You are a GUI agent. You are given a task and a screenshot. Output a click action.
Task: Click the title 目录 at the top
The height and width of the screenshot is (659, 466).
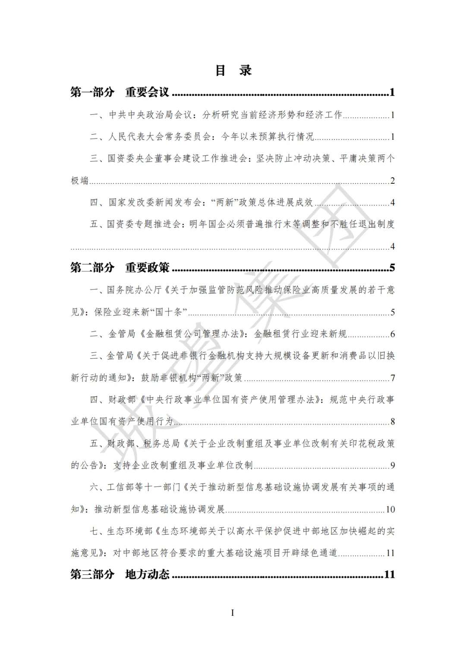pyautogui.click(x=233, y=70)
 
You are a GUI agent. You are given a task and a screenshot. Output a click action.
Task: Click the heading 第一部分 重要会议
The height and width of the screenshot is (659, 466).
pyautogui.click(x=120, y=92)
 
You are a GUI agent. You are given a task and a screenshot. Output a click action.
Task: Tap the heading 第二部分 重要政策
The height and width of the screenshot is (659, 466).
pyautogui.click(x=120, y=268)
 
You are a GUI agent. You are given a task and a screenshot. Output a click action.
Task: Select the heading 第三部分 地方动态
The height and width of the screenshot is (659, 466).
pyautogui.click(x=120, y=574)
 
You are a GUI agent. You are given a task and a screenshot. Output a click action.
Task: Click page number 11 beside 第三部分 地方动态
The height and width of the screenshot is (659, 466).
pyautogui.click(x=389, y=574)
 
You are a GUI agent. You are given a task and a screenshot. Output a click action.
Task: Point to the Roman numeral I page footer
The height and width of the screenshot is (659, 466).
pyautogui.click(x=233, y=613)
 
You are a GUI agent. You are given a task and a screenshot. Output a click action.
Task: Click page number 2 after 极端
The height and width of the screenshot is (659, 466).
pyautogui.click(x=392, y=181)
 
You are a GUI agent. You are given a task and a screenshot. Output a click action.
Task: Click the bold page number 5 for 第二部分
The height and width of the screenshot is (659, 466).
pyautogui.click(x=392, y=268)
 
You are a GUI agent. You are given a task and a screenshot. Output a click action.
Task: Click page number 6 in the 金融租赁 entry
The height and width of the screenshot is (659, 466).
pyautogui.click(x=392, y=334)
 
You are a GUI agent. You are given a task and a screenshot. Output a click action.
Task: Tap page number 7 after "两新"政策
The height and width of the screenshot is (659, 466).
pyautogui.click(x=393, y=378)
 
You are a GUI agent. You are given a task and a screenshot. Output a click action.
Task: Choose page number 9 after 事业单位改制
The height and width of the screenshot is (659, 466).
pyautogui.click(x=392, y=465)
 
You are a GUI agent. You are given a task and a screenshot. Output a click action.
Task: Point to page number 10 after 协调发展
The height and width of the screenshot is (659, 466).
pyautogui.click(x=390, y=509)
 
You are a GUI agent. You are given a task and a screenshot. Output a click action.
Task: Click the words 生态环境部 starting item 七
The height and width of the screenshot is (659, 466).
pyautogui.click(x=129, y=531)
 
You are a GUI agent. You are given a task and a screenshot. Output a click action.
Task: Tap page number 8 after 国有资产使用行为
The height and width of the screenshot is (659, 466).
pyautogui.click(x=392, y=421)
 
